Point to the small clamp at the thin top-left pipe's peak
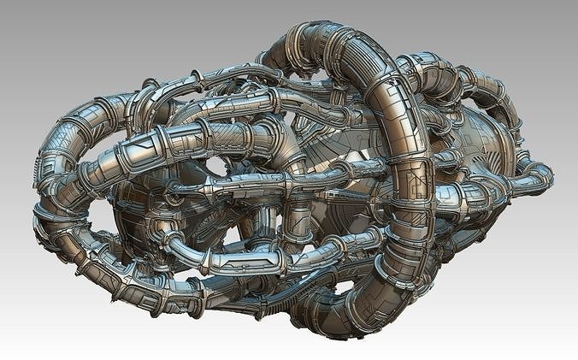click(150, 85)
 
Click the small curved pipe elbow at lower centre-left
click(175, 248)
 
